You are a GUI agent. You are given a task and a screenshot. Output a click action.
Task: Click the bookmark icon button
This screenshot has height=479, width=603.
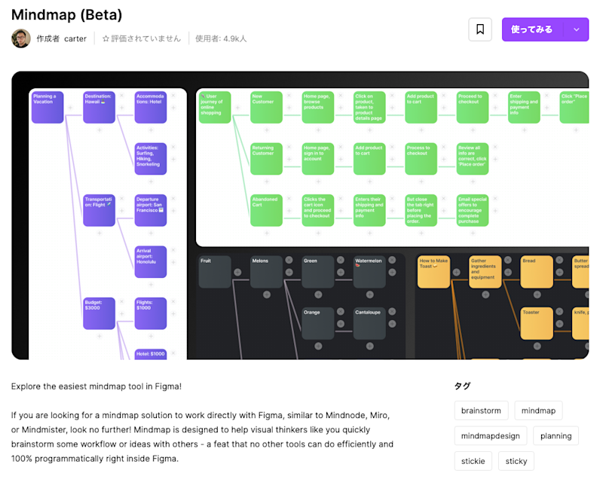(480, 29)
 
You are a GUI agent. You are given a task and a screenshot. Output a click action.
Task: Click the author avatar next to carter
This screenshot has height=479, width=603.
(21, 38)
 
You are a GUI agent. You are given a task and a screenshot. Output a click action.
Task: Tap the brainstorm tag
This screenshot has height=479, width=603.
(481, 410)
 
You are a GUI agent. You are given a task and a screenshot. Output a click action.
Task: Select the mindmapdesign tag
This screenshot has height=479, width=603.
(490, 436)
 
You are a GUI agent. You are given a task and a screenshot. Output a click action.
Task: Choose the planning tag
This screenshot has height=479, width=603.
(556, 436)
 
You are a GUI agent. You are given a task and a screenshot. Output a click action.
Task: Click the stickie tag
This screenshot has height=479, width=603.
(474, 461)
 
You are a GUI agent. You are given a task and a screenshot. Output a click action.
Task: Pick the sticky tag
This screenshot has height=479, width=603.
(516, 461)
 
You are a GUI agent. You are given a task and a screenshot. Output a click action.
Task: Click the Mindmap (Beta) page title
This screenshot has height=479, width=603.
(66, 15)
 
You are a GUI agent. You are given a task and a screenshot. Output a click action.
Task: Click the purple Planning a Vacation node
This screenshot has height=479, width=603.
(47, 107)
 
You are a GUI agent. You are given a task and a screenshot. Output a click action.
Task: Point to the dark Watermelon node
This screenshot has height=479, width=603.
(369, 272)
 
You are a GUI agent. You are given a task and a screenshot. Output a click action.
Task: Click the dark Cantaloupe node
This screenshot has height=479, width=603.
(369, 323)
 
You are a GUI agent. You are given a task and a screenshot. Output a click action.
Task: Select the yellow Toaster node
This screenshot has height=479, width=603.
(537, 323)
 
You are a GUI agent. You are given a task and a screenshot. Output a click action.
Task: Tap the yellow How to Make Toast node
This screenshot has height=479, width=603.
(434, 272)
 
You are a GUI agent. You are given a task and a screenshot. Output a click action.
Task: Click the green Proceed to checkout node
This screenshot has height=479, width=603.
(473, 107)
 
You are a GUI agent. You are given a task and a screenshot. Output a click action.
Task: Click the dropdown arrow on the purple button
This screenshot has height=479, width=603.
(577, 29)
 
